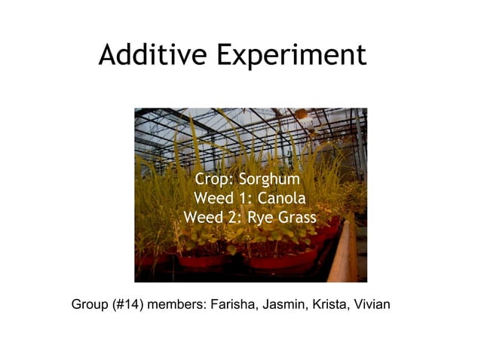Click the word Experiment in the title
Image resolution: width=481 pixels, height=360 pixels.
(x=291, y=56)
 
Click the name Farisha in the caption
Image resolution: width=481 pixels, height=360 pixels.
(x=235, y=305)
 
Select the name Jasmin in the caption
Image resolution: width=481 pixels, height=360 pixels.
(x=286, y=305)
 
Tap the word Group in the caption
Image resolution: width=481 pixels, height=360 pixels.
(x=89, y=305)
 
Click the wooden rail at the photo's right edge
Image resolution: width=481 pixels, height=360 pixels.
(x=345, y=252)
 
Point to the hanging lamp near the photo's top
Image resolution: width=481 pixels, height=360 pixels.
(x=302, y=114)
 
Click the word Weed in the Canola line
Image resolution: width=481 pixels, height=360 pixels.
(x=213, y=199)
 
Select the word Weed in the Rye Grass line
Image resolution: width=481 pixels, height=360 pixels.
(x=203, y=218)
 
